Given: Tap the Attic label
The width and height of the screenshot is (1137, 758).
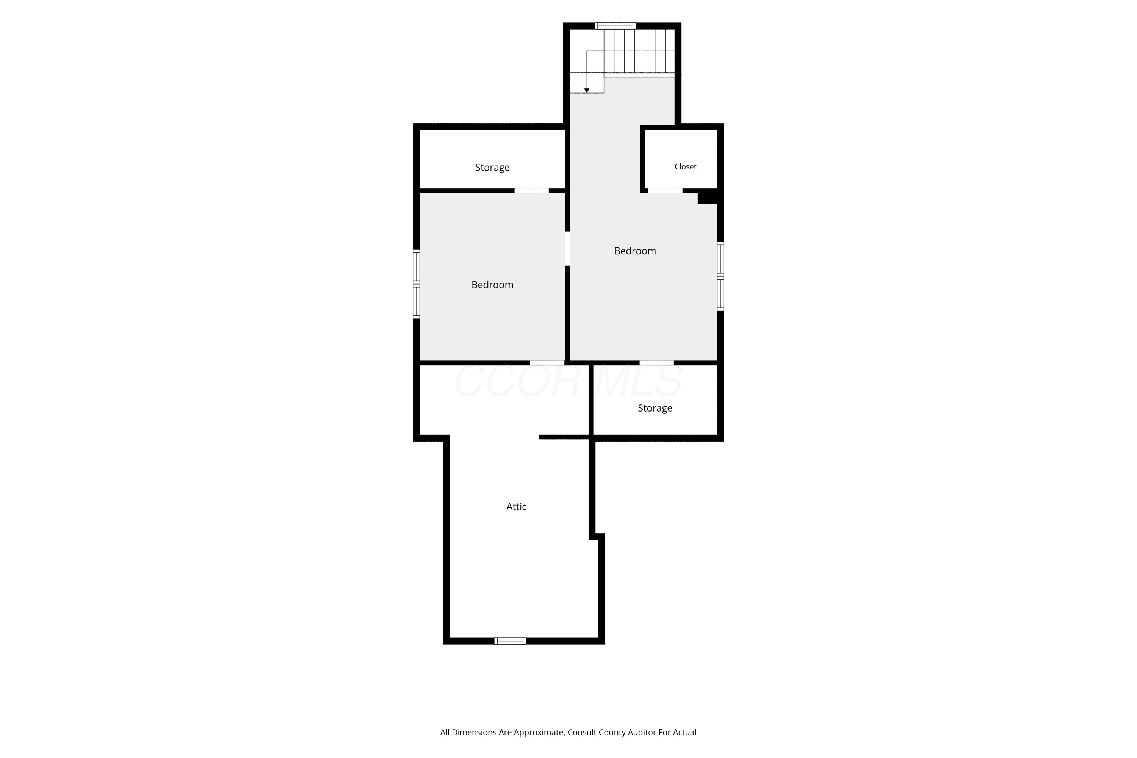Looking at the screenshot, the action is pyautogui.click(x=516, y=507).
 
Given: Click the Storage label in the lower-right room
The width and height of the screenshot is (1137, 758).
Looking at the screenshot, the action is pyautogui.click(x=655, y=409).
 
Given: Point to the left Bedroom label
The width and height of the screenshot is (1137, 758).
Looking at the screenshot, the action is pyautogui.click(x=492, y=285).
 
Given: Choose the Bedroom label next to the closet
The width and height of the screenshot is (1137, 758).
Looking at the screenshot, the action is pyautogui.click(x=635, y=251).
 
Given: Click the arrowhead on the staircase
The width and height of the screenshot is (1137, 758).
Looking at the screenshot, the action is pyautogui.click(x=586, y=91).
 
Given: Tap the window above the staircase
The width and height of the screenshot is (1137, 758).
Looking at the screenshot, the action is pyautogui.click(x=615, y=26).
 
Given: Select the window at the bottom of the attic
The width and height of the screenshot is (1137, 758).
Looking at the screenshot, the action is pyautogui.click(x=510, y=641).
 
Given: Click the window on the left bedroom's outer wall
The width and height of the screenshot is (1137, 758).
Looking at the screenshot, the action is pyautogui.click(x=416, y=284).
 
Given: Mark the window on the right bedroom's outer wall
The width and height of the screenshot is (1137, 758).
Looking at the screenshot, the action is pyautogui.click(x=720, y=276).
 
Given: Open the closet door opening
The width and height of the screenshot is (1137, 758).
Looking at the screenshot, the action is pyautogui.click(x=665, y=191).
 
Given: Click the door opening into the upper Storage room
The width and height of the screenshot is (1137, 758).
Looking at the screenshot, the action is pyautogui.click(x=531, y=191).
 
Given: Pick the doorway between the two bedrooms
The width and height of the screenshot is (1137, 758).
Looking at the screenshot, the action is pyautogui.click(x=567, y=249).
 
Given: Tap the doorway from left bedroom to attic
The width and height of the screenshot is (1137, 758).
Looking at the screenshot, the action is pyautogui.click(x=547, y=363).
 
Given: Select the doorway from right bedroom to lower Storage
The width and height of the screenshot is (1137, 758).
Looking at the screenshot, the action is pyautogui.click(x=656, y=363).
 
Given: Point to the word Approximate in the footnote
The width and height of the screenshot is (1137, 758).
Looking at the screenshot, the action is pyautogui.click(x=538, y=733).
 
